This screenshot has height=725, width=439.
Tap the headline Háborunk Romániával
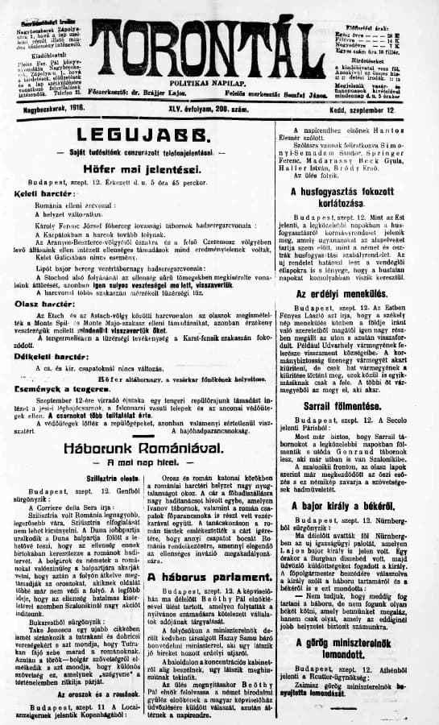[x=146, y=445]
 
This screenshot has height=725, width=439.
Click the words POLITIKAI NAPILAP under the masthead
[x=218, y=84]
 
